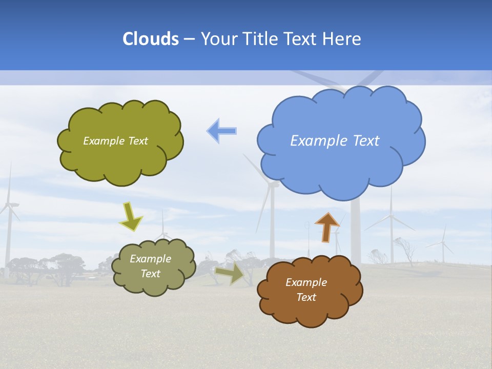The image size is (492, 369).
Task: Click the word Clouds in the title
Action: [x=151, y=39]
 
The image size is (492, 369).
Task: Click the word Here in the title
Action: [x=343, y=39]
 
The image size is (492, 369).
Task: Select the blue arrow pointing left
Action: [x=221, y=131]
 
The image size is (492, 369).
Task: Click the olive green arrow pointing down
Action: [x=130, y=216]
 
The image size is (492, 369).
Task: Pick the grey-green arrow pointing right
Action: [x=230, y=274]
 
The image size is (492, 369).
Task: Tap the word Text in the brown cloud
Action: [x=306, y=297]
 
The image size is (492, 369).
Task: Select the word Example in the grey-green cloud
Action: [x=151, y=259]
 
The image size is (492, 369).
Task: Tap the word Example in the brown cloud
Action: [x=306, y=282]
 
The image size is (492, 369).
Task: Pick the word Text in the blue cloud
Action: [x=366, y=141]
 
